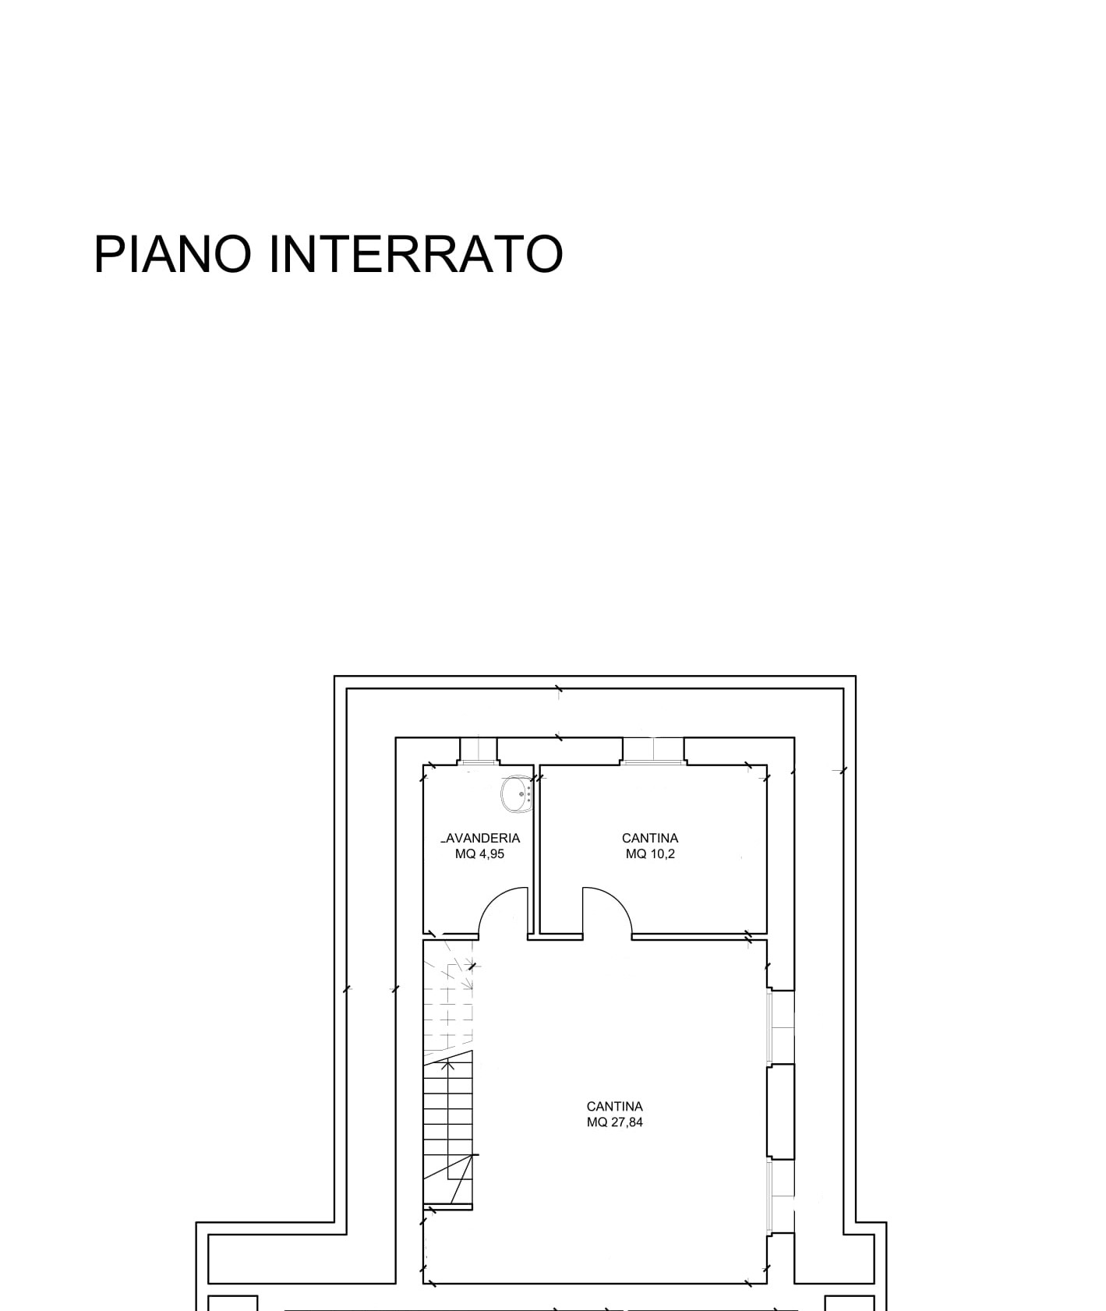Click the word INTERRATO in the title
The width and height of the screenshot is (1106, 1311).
point(415,253)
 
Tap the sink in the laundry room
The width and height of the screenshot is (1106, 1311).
point(517,793)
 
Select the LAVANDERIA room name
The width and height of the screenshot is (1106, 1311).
point(480,839)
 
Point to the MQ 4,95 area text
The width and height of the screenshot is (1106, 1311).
point(480,854)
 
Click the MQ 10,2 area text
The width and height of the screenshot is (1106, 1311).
point(650,854)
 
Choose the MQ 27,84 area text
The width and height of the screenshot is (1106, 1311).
point(615,1122)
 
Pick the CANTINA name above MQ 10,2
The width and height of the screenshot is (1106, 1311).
point(650,839)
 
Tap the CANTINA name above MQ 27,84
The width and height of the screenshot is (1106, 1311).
point(615,1107)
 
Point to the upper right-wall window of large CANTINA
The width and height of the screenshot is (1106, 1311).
point(781,1027)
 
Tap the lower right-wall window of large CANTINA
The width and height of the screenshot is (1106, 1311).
point(781,1196)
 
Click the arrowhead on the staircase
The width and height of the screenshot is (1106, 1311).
point(448,1065)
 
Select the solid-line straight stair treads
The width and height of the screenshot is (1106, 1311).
point(448,1130)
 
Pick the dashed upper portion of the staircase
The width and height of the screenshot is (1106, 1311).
point(448,994)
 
